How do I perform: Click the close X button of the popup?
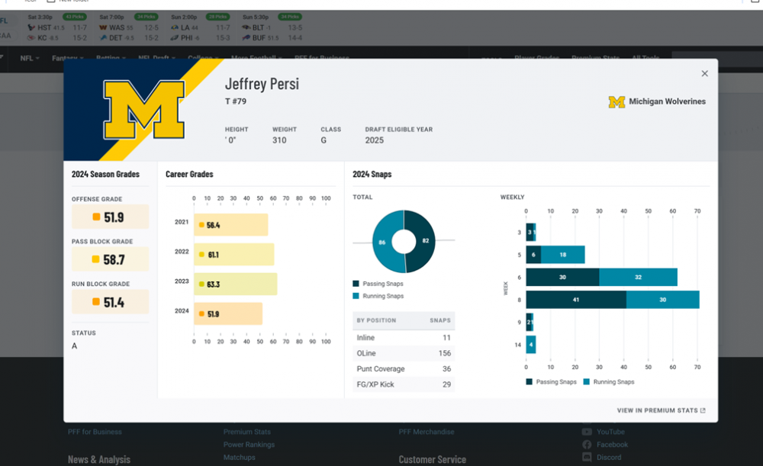tap(704, 74)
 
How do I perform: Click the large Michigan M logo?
tap(144, 109)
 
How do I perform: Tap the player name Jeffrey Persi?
tap(262, 84)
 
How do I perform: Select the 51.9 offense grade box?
tap(111, 217)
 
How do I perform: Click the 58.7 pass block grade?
tap(111, 259)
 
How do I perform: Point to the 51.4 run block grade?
tap(111, 303)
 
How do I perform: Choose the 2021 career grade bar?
tap(231, 225)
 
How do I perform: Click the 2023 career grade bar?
tap(235, 284)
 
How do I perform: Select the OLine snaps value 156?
tap(444, 353)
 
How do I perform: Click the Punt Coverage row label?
tap(380, 369)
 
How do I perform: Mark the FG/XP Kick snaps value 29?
tap(446, 384)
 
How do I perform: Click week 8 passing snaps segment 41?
tap(576, 300)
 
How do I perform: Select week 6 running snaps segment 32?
tap(638, 278)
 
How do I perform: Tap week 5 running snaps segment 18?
tap(563, 255)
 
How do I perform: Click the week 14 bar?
tap(531, 345)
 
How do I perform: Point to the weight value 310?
tap(281, 140)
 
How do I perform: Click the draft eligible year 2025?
tap(375, 140)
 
